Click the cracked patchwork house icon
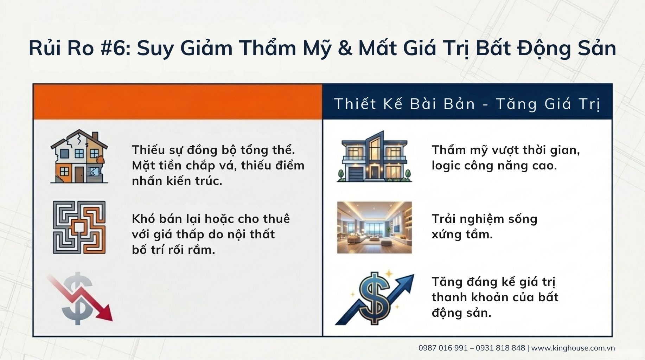(79, 156)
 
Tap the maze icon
(79, 227)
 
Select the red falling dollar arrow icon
(79, 298)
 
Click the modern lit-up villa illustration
(374, 156)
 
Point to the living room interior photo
(374, 227)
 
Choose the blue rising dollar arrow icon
(375, 298)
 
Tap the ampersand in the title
(345, 48)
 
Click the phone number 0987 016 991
(443, 348)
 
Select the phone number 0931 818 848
(500, 348)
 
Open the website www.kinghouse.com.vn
(573, 348)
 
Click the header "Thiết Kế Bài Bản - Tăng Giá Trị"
(467, 104)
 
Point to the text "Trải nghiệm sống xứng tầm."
(484, 227)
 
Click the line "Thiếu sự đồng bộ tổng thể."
(213, 150)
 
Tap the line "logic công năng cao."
(494, 166)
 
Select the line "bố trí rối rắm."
(173, 250)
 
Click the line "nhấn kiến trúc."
(177, 181)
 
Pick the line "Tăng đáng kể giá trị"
(493, 282)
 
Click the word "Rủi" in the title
(45, 48)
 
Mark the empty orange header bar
(178, 102)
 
